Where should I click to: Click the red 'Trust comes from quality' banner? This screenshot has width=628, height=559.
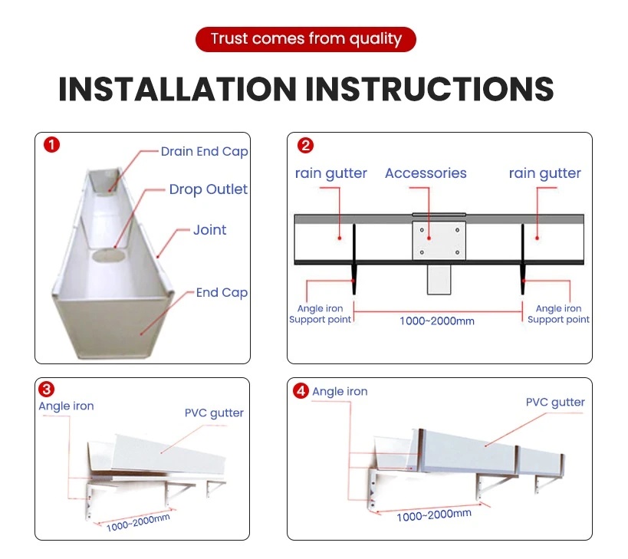click(x=305, y=39)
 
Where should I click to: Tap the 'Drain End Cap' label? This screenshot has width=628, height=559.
click(x=204, y=152)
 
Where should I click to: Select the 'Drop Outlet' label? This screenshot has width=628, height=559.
click(x=208, y=189)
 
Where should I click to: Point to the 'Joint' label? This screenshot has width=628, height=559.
click(x=209, y=230)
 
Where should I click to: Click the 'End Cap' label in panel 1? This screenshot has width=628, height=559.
click(x=222, y=292)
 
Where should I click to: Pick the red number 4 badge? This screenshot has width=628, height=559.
click(x=301, y=391)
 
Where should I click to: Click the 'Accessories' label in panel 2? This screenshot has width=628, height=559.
click(x=426, y=173)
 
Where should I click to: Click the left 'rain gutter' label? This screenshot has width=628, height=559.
click(x=330, y=173)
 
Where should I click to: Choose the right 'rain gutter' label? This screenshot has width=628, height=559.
click(x=544, y=173)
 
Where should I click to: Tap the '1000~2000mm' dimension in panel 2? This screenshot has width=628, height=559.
click(x=436, y=321)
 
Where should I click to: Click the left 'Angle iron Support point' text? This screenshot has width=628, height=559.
click(x=320, y=314)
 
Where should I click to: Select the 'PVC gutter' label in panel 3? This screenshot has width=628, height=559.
click(x=214, y=413)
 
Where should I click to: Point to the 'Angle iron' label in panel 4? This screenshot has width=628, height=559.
click(x=340, y=392)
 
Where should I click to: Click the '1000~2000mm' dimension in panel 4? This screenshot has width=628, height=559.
click(x=433, y=515)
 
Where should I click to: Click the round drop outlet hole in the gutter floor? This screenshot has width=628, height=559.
click(x=113, y=256)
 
